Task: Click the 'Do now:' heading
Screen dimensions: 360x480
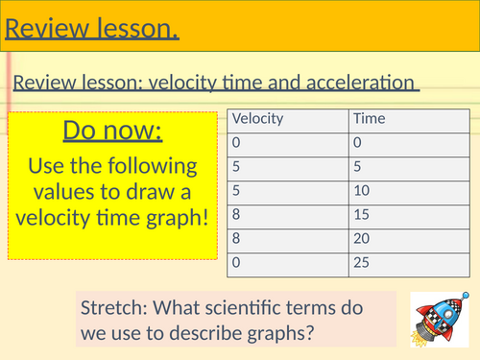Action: click(112, 131)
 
